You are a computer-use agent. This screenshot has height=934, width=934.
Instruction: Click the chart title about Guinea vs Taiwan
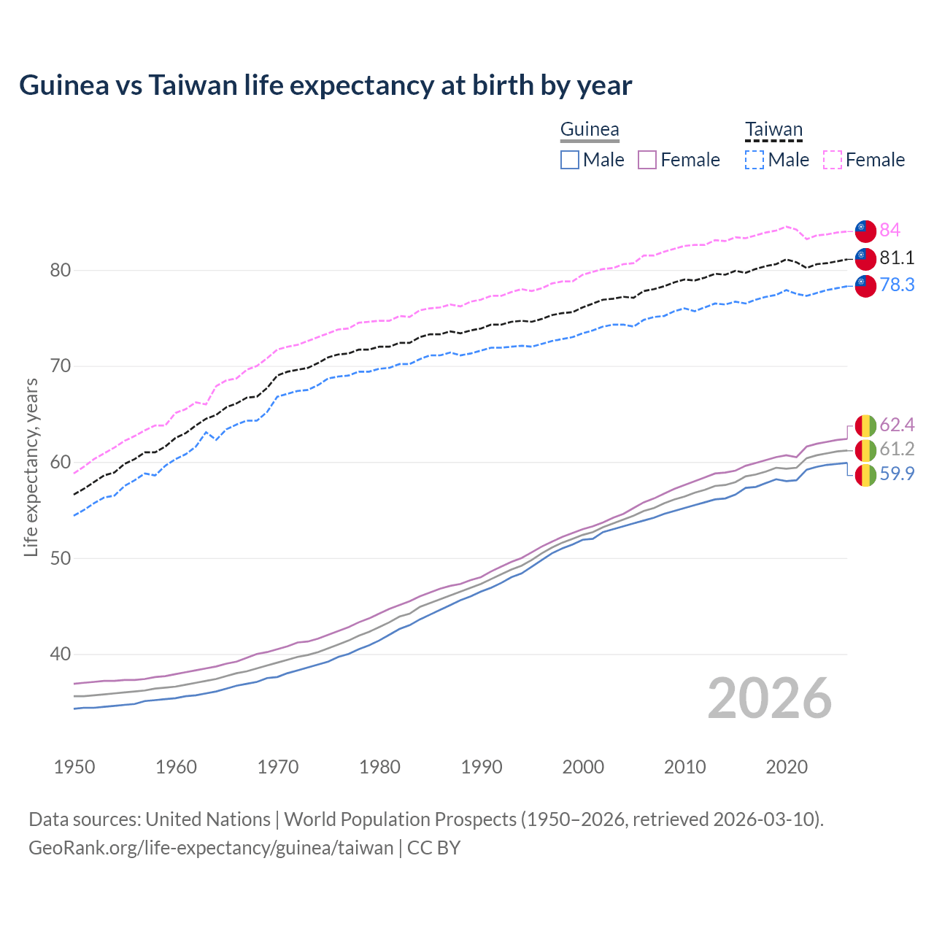point(325,85)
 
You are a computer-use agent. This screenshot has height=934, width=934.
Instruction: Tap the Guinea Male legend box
point(570,160)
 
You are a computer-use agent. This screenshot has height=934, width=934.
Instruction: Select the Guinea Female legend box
point(648,160)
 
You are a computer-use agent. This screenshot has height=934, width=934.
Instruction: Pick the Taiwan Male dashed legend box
point(754,160)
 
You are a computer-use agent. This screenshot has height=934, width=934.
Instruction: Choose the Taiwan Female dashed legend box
point(833,160)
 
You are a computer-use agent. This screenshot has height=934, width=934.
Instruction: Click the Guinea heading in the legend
point(590,130)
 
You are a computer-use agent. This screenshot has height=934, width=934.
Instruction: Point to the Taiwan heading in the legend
point(773,130)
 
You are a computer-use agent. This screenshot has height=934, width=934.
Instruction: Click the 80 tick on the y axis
point(60,271)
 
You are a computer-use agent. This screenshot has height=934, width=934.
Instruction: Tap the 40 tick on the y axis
point(60,655)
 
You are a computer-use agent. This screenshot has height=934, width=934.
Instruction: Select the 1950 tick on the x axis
point(74,767)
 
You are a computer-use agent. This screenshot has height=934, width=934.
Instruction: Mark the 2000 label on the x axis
point(583,767)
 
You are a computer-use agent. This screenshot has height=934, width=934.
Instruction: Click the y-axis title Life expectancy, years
point(31,467)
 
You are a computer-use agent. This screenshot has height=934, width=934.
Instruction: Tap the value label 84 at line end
point(889,231)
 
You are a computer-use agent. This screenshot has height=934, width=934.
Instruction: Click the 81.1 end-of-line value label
point(897,258)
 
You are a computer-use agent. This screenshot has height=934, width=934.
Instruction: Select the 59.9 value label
point(897,474)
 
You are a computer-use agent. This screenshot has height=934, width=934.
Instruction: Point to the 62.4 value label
point(897,425)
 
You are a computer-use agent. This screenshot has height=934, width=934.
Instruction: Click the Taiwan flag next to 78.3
point(865,286)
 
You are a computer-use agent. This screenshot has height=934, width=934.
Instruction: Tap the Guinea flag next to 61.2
point(865,450)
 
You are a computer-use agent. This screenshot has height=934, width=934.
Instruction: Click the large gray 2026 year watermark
point(770,699)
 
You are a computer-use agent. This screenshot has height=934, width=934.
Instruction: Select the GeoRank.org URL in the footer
point(211,848)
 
